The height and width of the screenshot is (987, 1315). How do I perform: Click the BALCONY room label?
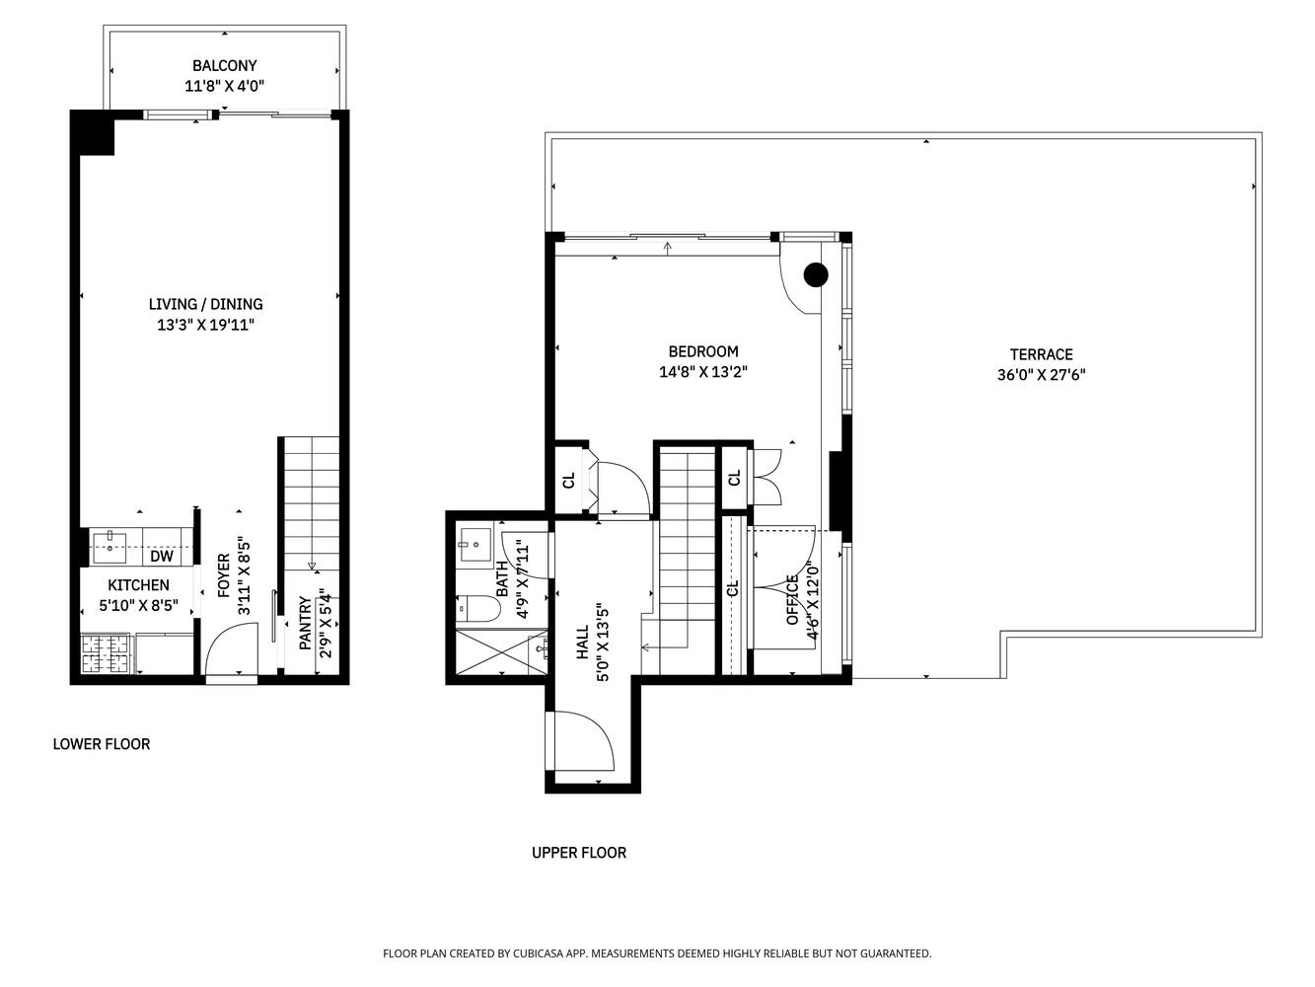[224, 66]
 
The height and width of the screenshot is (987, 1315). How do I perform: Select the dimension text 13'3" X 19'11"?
[205, 325]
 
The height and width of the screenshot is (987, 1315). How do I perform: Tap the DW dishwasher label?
[162, 557]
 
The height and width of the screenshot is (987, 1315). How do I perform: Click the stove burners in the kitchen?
[105, 652]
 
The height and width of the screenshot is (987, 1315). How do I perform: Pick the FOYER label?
[224, 575]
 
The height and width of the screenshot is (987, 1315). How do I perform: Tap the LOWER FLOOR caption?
[101, 744]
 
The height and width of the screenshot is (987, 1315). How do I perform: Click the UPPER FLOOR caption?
[578, 853]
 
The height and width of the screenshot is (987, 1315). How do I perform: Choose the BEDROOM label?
[702, 351]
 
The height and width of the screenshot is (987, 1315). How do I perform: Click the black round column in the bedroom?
[815, 275]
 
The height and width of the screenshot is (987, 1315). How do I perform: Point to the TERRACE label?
[1041, 354]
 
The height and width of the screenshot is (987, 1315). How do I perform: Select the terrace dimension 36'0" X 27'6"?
[1041, 375]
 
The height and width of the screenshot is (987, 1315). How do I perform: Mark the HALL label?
[581, 642]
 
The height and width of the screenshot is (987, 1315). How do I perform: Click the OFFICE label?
[791, 600]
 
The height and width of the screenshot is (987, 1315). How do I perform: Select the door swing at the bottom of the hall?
[585, 741]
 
